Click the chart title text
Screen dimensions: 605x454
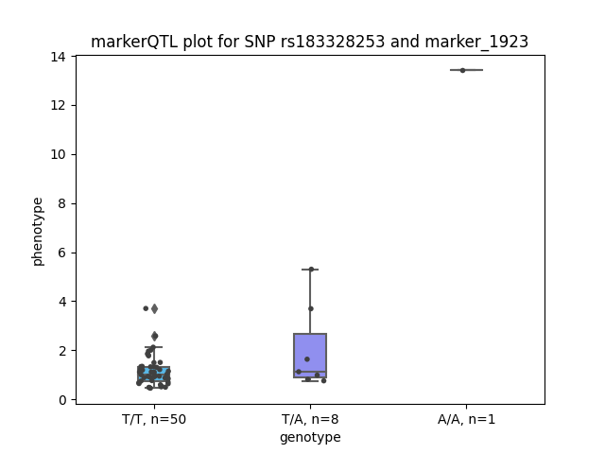(309, 42)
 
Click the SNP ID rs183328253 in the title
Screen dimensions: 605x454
(333, 42)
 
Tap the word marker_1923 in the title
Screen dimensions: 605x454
(476, 42)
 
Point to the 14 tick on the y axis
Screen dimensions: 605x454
(58, 57)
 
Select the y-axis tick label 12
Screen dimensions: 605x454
(58, 105)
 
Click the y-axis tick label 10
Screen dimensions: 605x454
(58, 154)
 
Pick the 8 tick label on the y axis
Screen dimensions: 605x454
(61, 203)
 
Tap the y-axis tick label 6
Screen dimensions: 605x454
(61, 253)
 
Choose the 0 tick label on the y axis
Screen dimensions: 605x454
(61, 400)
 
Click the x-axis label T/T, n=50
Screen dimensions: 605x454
(154, 419)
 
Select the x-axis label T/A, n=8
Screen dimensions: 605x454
(310, 419)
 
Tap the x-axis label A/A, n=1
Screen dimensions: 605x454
(466, 419)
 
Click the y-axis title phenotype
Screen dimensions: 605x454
(38, 232)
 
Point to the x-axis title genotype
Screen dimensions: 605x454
(310, 437)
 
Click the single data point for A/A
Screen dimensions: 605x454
(462, 70)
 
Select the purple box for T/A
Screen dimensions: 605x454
(310, 356)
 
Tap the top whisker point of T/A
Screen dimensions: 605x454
(311, 269)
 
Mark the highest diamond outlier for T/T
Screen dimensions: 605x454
(154, 308)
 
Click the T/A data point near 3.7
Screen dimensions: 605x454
(311, 308)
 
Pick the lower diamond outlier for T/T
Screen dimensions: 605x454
(154, 336)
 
